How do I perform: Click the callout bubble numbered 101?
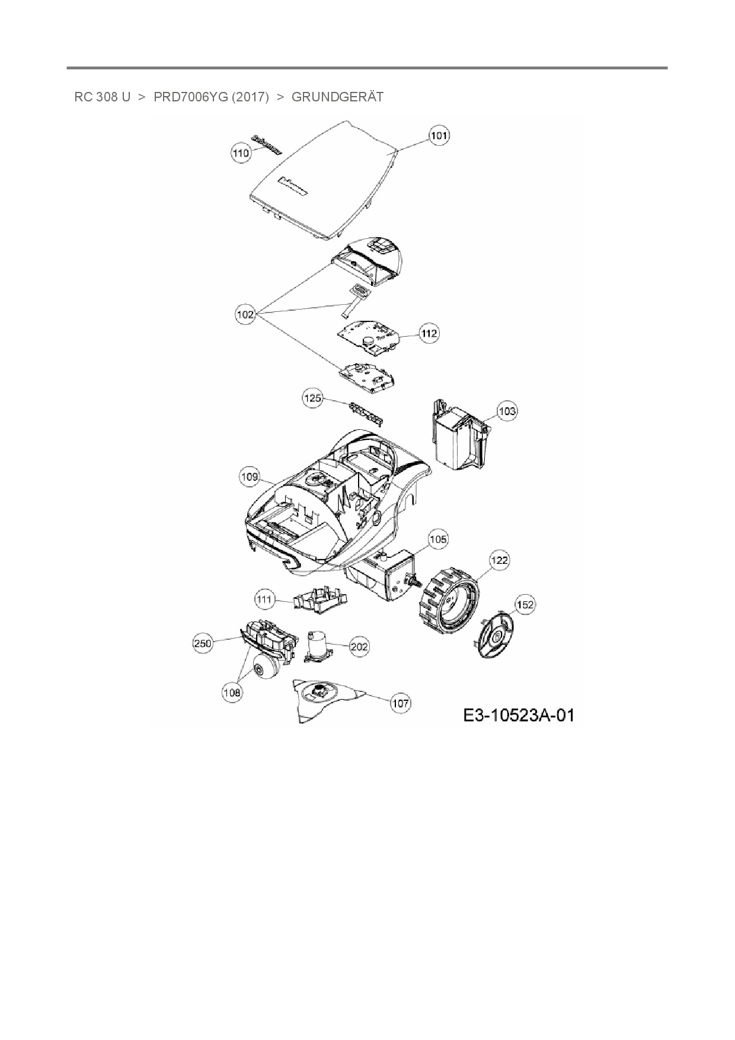click(439, 136)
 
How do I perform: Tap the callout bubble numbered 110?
click(241, 153)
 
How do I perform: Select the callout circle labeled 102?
click(245, 314)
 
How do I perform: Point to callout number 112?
click(429, 333)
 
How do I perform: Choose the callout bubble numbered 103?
click(506, 411)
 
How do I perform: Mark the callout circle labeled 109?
click(250, 476)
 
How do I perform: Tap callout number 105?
click(438, 539)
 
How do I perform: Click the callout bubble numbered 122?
click(500, 560)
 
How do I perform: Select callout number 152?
click(525, 605)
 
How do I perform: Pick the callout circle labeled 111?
click(264, 599)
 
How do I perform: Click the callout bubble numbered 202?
click(359, 646)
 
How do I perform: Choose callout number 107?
click(401, 703)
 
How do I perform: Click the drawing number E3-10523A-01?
click(519, 716)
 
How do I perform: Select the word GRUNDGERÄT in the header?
click(337, 97)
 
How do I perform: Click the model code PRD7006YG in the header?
click(190, 97)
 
